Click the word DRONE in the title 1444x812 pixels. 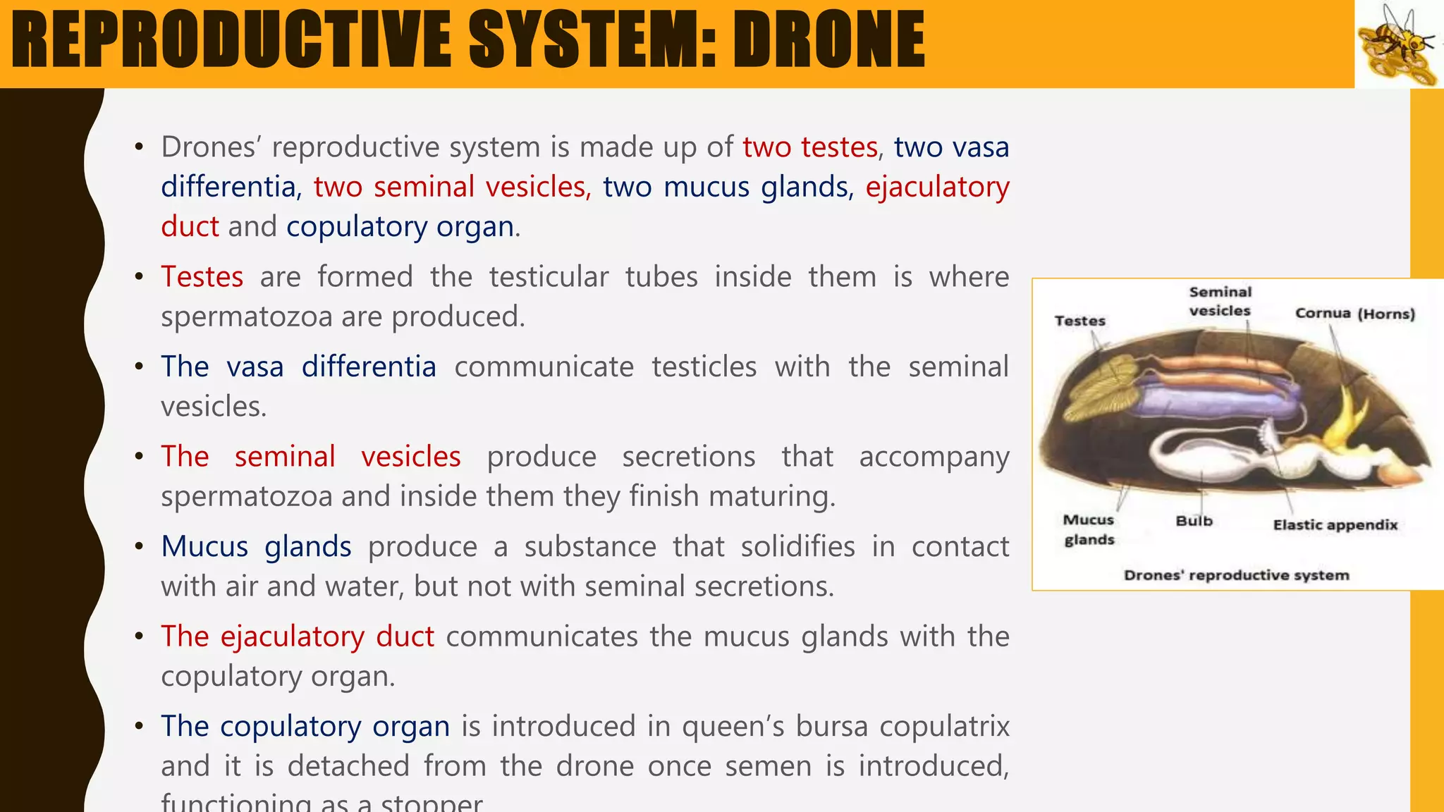coord(828,40)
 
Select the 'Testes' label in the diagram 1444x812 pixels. coord(1079,321)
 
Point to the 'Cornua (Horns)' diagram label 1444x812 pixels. coord(1354,314)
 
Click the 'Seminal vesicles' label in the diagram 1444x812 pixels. coord(1220,302)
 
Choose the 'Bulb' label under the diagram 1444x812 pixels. coord(1194,522)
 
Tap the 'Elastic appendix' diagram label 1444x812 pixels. coord(1335,525)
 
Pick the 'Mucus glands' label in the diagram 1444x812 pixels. coord(1089,530)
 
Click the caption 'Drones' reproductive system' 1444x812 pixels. coord(1236,575)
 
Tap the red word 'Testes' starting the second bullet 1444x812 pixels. coord(202,277)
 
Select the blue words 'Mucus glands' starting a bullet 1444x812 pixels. coord(256,547)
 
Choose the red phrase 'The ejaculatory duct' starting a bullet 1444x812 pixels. coord(297,636)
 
